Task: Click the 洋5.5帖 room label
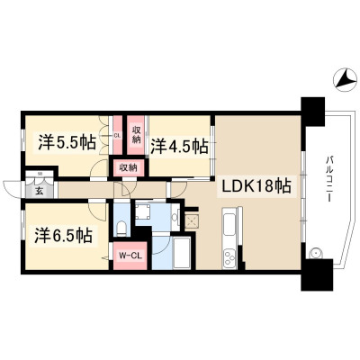[67, 143]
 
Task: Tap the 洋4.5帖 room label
[179, 146]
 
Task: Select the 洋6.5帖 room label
[63, 236]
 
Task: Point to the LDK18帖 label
[256, 187]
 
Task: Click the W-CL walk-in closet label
[130, 256]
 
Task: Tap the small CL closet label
[117, 136]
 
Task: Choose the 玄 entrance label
[40, 191]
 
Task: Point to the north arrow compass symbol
[344, 79]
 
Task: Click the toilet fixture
[121, 228]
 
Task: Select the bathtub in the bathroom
[182, 254]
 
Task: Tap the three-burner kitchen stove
[229, 258]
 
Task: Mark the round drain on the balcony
[315, 254]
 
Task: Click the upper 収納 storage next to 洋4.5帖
[137, 136]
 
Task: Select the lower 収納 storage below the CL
[129, 167]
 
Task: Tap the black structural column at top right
[313, 112]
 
